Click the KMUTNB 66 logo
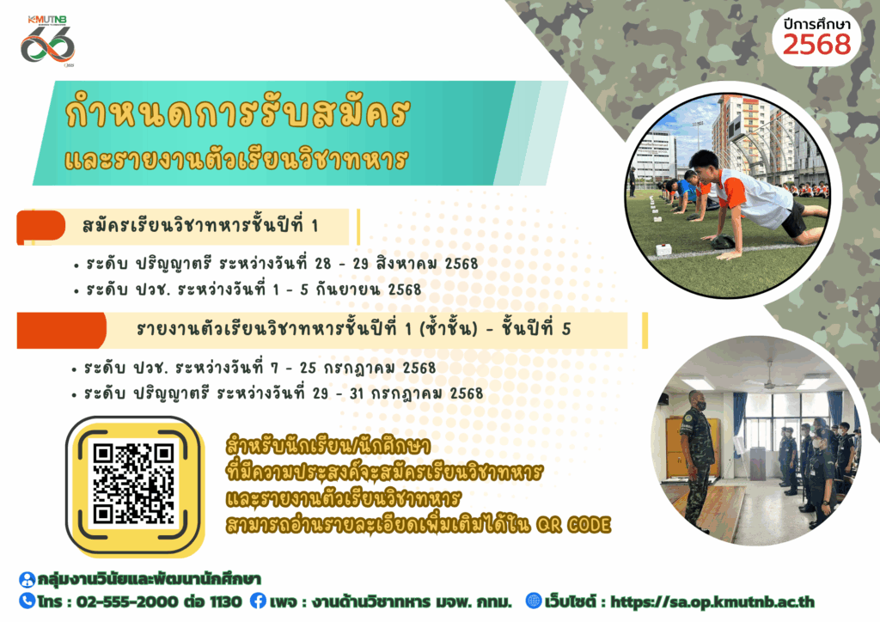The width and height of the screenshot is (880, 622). tap(48, 41)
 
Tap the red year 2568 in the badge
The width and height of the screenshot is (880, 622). tap(816, 45)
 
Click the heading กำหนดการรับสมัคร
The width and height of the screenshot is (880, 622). tap(237, 113)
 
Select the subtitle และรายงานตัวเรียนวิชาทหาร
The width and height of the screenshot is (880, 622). tap(235, 159)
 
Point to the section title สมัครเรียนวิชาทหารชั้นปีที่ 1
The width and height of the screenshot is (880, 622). tap(200, 225)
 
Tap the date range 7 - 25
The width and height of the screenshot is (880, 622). tap(294, 368)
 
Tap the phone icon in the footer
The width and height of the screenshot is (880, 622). tap(27, 601)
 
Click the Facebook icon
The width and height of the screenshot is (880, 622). tap(258, 601)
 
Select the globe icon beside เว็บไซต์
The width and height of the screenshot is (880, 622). tap(533, 601)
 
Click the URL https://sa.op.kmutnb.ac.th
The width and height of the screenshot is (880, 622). tap(712, 601)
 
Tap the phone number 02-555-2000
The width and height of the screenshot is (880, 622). tap(127, 601)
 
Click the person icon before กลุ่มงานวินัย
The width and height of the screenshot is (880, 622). tap(27, 579)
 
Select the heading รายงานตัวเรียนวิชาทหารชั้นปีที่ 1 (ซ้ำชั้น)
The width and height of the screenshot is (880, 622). tap(307, 329)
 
